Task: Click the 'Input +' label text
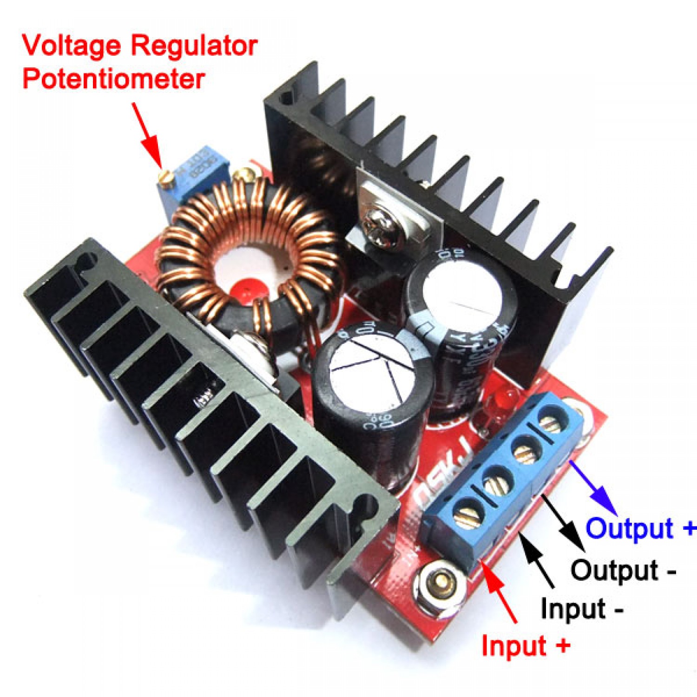[x=525, y=646]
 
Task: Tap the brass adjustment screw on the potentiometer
[x=166, y=176]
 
